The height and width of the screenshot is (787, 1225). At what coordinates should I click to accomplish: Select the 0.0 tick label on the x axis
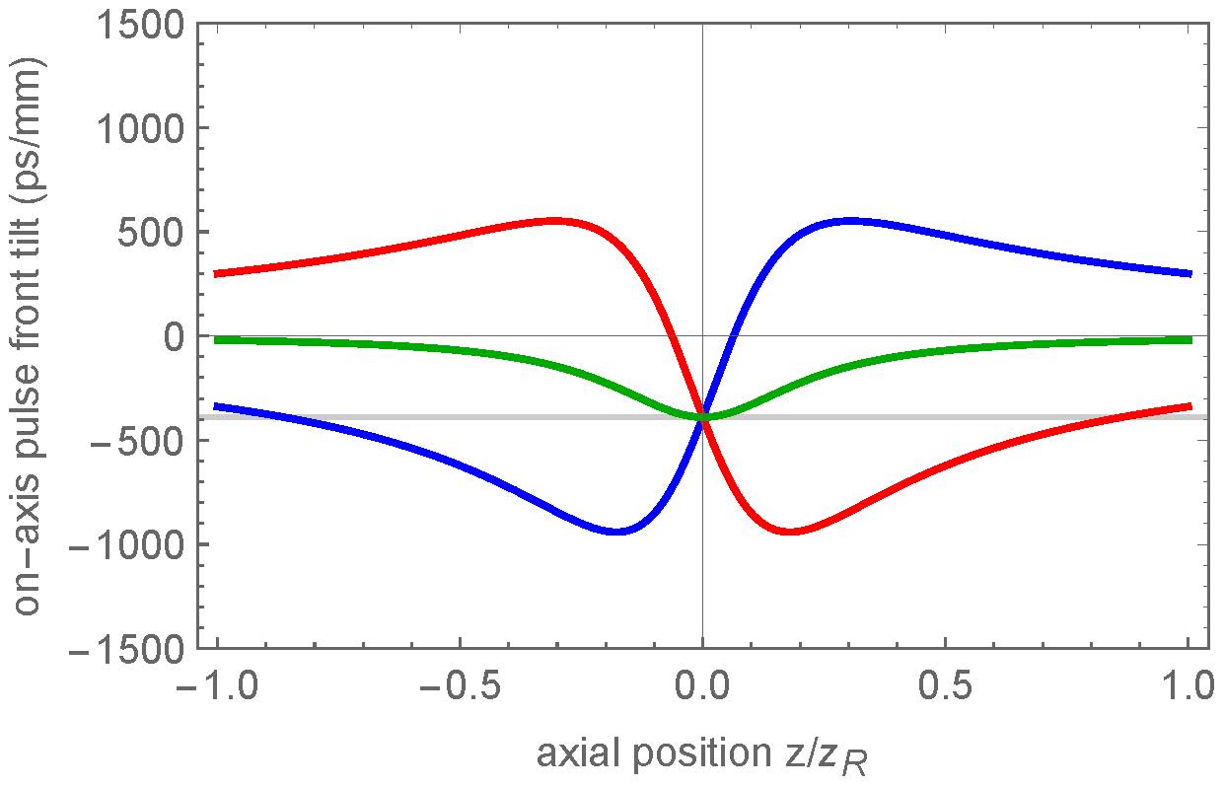[702, 683]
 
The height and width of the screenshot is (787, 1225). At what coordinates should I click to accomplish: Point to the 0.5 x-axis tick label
[945, 683]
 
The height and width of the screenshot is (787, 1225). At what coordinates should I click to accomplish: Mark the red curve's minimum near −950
[789, 532]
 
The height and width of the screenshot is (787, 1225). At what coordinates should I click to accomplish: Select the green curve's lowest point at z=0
[702, 417]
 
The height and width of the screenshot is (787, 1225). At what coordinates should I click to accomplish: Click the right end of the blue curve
[1190, 273]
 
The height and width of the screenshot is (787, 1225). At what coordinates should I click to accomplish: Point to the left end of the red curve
[215, 273]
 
